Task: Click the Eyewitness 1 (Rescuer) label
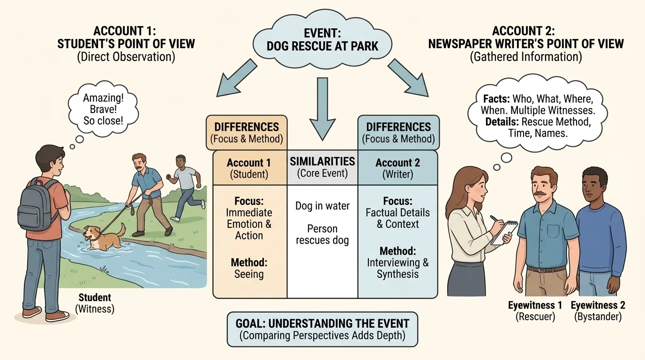(x=535, y=311)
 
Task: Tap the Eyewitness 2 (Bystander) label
(x=598, y=311)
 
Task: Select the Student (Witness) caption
(x=95, y=303)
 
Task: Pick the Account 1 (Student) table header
(x=249, y=168)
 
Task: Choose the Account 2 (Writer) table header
(x=397, y=168)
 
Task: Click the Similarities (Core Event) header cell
(x=322, y=167)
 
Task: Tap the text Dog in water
(x=322, y=206)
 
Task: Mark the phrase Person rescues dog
(x=322, y=235)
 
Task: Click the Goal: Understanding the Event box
(x=322, y=329)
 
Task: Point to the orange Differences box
(x=247, y=132)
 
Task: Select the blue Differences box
(x=398, y=132)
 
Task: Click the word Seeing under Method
(x=249, y=274)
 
